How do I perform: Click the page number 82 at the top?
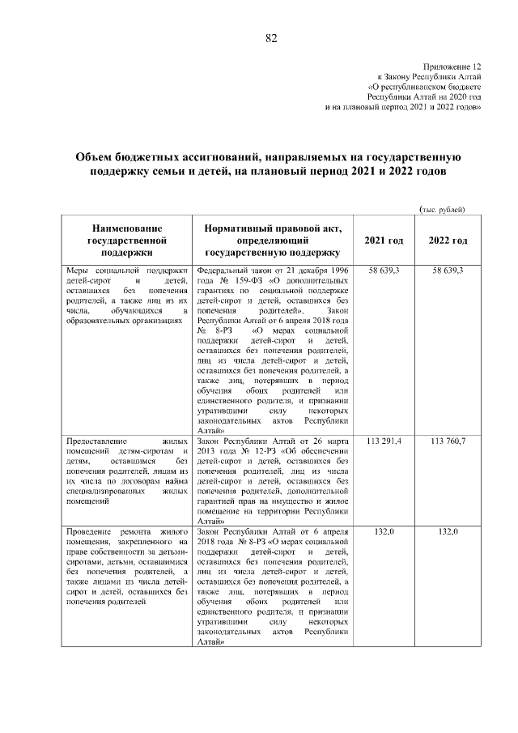click(271, 38)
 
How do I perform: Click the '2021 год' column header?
click(384, 241)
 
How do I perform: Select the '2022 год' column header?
click(448, 241)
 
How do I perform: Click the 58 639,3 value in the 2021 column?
click(384, 270)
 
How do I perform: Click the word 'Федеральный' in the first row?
click(224, 270)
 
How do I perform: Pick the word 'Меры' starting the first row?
click(78, 270)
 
